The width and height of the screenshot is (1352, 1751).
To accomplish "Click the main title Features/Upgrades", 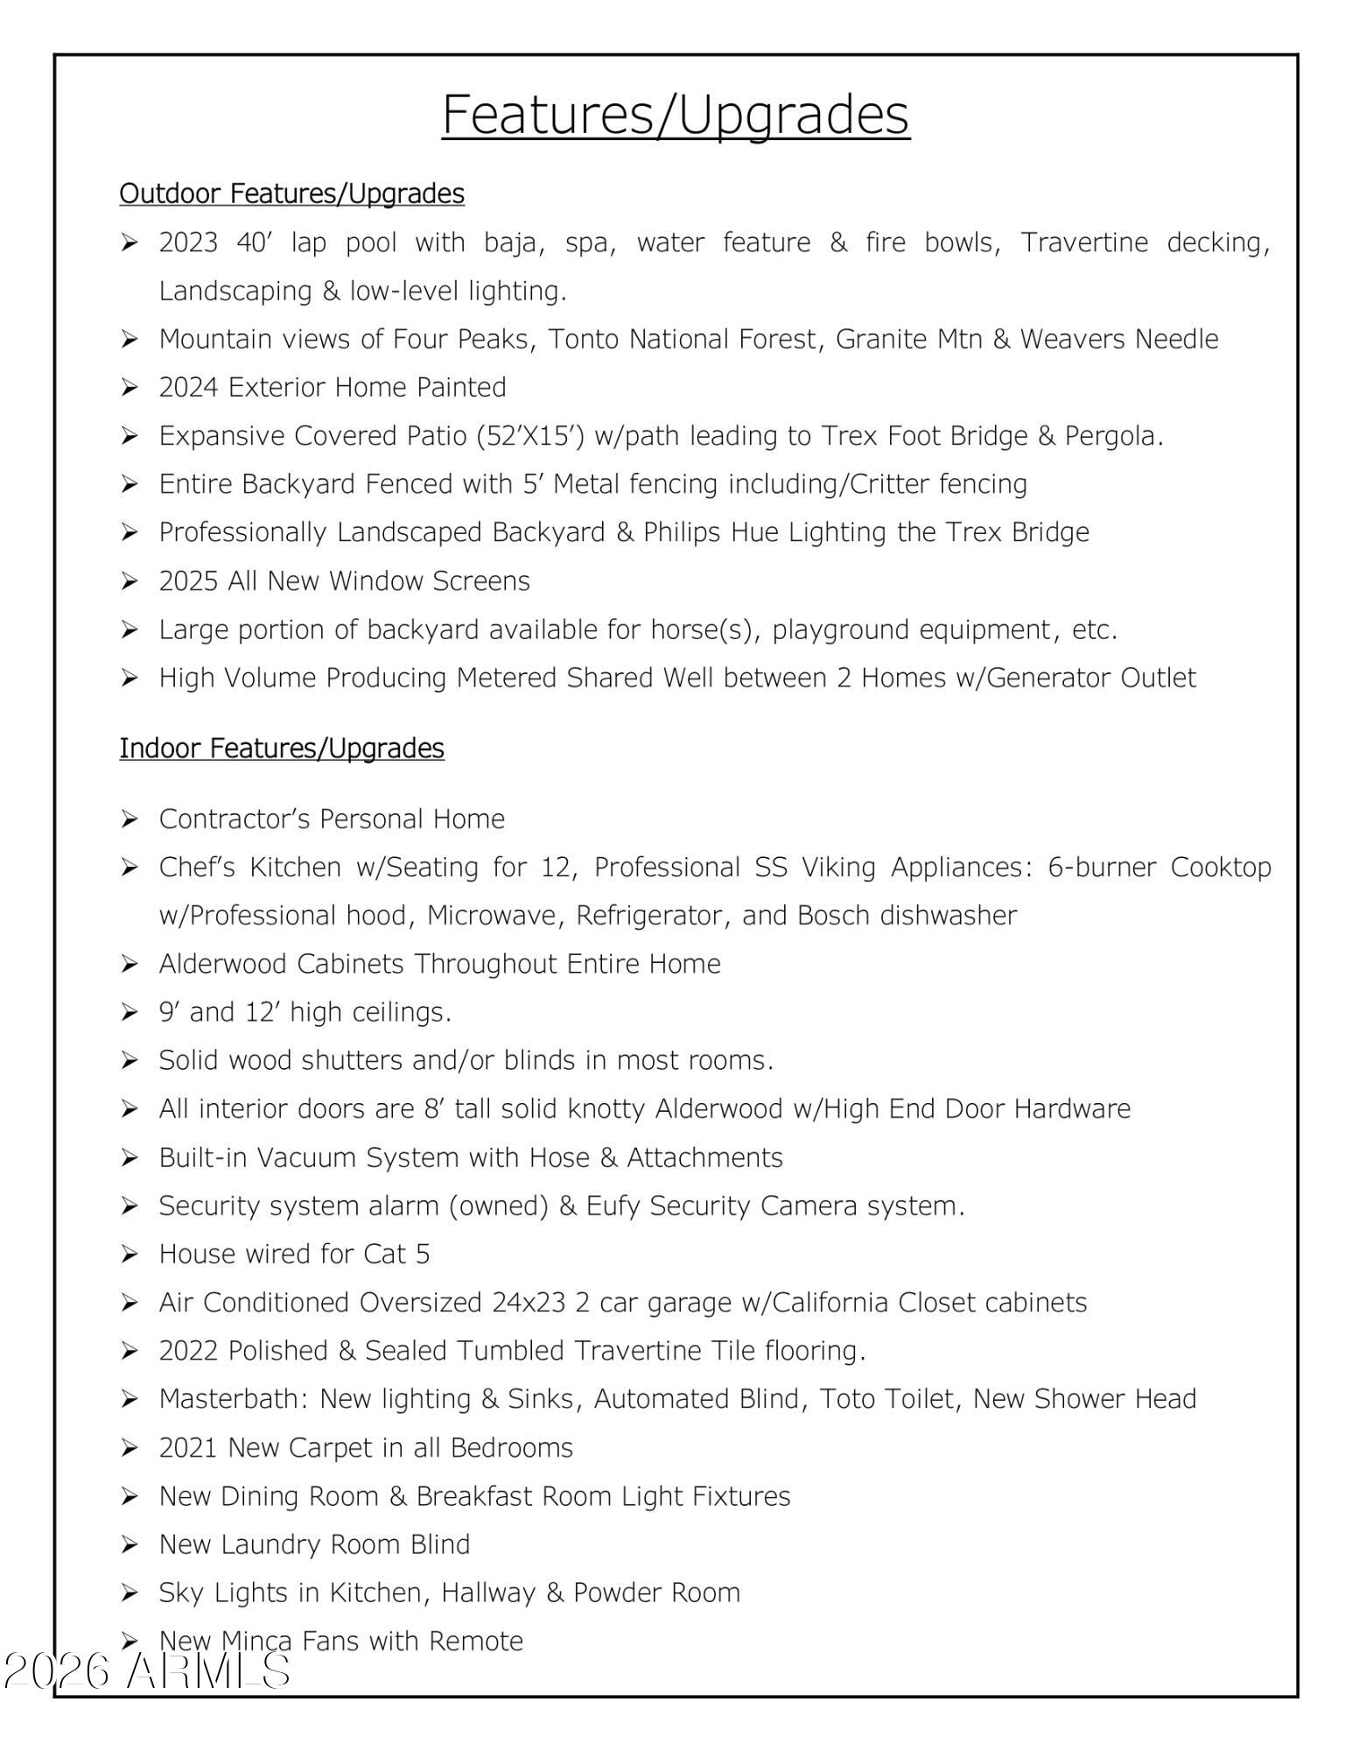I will (676, 114).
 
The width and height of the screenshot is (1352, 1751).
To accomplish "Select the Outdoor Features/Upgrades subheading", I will (291, 193).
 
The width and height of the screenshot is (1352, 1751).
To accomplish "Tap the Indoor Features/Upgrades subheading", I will (282, 749).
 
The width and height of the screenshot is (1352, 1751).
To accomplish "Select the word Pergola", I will (1113, 435).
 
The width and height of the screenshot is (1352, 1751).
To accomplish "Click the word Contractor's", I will (234, 819).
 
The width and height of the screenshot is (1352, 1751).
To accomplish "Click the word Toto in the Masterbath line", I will (848, 1399).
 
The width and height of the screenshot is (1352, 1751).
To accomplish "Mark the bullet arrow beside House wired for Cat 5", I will (130, 1255).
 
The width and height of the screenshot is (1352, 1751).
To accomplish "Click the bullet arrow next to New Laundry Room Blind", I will (130, 1544).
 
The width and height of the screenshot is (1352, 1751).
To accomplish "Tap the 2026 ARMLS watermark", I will (146, 1670).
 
